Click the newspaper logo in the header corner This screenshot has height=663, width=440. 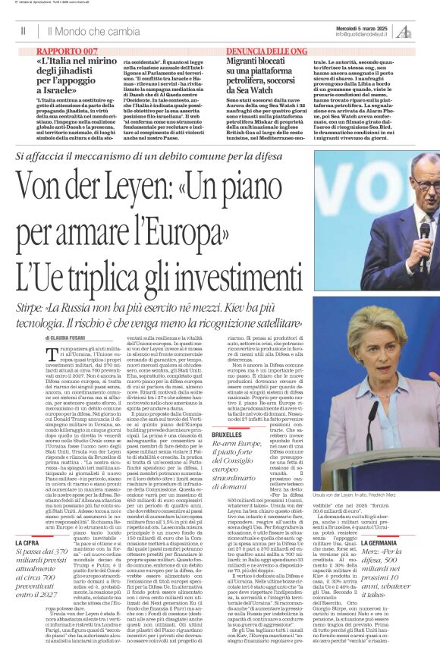click(427, 31)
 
